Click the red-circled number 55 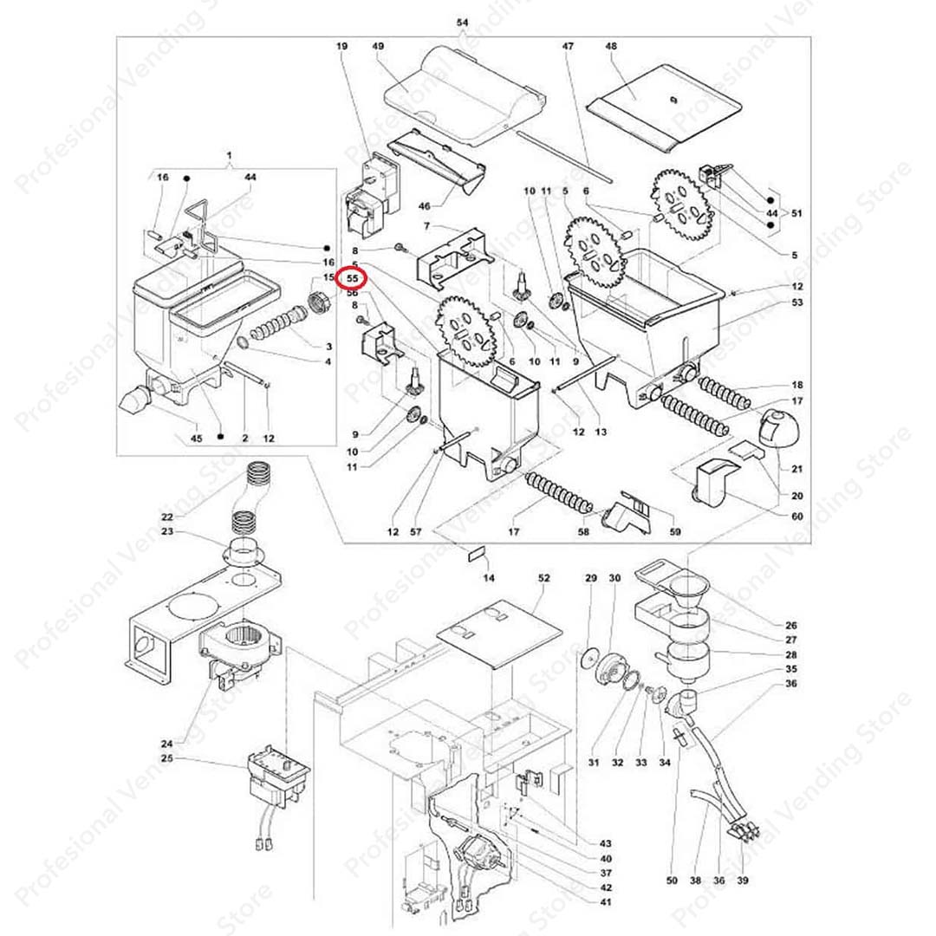point(353,279)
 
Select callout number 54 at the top point(462,22)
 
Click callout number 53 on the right point(796,302)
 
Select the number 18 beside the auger point(796,385)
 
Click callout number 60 point(796,517)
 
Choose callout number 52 point(543,577)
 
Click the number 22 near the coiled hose point(167,517)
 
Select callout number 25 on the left point(167,759)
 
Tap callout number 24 point(167,744)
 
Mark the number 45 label point(196,439)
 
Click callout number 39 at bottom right point(743,881)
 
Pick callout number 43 point(605,843)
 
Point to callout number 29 point(591,577)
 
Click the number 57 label point(415,532)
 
